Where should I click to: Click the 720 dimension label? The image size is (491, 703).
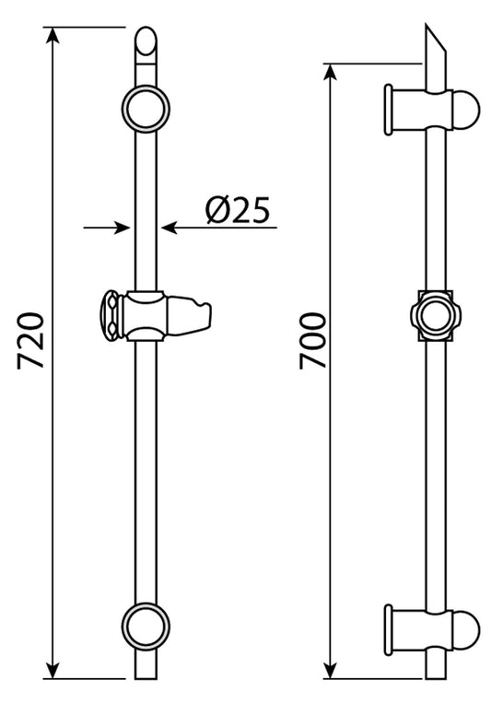point(31,342)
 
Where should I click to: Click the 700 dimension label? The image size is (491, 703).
point(312,342)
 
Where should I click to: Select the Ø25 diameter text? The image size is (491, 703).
point(238,212)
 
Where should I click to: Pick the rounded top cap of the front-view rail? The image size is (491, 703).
point(146,42)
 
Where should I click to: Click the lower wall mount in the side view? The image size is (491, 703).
point(433,628)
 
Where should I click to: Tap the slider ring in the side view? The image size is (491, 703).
point(433,316)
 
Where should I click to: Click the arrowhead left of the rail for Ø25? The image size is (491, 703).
point(121,226)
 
